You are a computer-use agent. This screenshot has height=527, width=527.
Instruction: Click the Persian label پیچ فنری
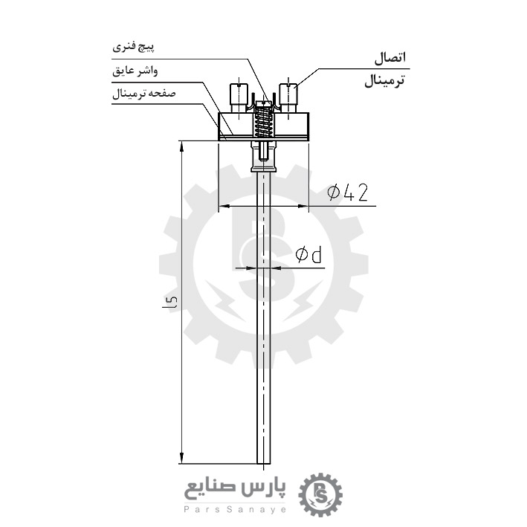[x=134, y=47]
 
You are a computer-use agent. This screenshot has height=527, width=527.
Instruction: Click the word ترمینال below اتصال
[x=384, y=81]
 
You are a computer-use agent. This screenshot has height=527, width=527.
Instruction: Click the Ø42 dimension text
[x=348, y=193]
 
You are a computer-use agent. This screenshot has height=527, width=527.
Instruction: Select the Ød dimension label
[x=308, y=256]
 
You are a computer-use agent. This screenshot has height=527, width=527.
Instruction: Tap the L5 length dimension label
[x=171, y=302]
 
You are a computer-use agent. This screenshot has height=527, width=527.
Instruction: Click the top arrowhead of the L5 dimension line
[x=182, y=146]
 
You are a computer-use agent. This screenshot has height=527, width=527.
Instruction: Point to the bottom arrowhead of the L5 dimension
[x=182, y=459]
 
